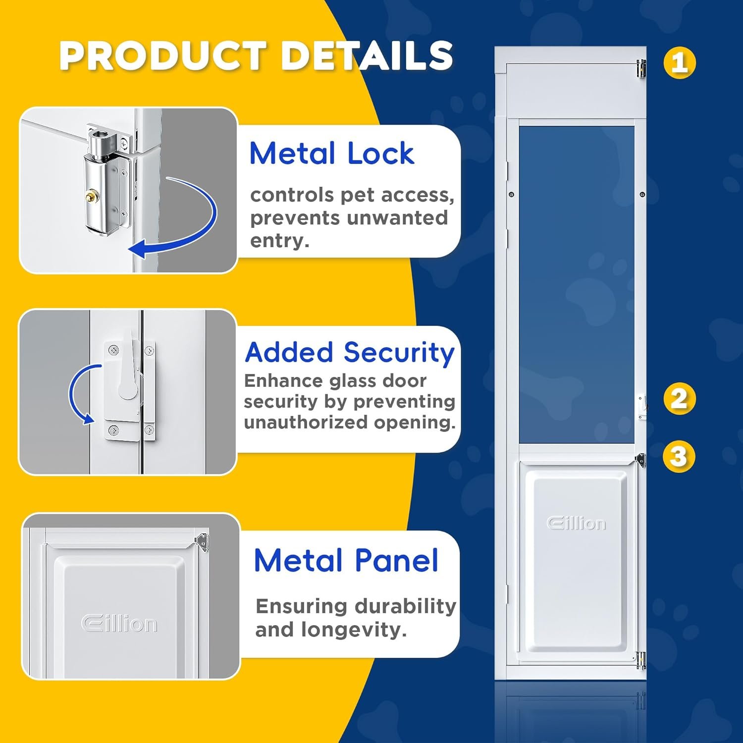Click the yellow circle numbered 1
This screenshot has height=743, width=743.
(680, 62)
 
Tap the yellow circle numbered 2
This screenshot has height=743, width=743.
(680, 399)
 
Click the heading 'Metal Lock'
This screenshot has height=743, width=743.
(332, 153)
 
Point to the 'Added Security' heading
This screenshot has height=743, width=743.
(350, 353)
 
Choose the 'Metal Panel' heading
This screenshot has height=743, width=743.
(346, 560)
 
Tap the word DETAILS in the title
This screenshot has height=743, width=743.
(367, 55)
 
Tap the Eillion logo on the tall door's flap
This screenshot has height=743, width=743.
(576, 523)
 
